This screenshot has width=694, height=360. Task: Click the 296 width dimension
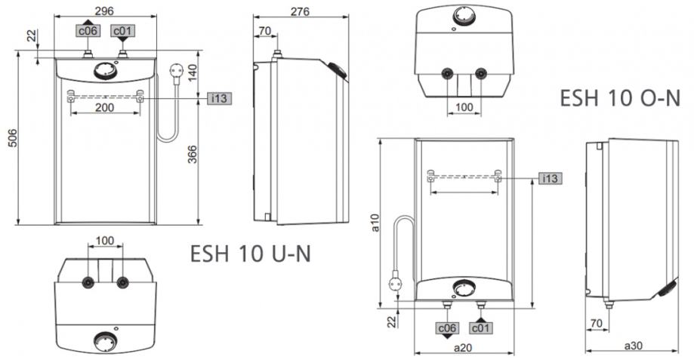tap(104, 11)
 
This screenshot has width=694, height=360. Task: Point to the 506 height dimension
tap(13, 138)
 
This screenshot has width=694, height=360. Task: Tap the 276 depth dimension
tap(300, 11)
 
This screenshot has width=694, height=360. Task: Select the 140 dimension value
tap(192, 73)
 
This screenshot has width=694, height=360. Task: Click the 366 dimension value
tap(192, 155)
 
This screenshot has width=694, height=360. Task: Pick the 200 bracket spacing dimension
tap(105, 107)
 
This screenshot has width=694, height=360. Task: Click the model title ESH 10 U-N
tap(251, 254)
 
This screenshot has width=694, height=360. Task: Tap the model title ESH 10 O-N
tap(620, 98)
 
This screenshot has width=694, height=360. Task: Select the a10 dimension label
tap(375, 223)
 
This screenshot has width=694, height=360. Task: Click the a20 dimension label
tap(463, 348)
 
